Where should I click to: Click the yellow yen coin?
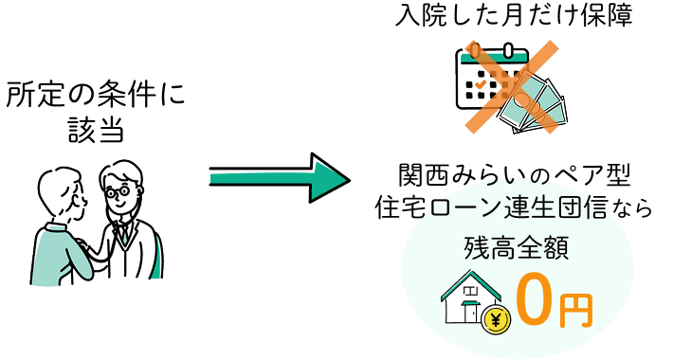[496, 319]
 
